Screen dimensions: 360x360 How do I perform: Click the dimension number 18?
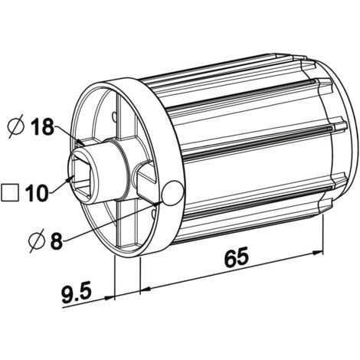42,126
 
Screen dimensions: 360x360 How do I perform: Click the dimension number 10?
37,193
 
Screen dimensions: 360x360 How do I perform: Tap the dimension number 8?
57,241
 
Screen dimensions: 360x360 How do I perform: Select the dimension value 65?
236,256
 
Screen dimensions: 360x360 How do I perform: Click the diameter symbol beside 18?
16,126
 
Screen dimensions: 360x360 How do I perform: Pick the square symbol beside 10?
10,192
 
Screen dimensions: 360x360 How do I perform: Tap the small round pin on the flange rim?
173,193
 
